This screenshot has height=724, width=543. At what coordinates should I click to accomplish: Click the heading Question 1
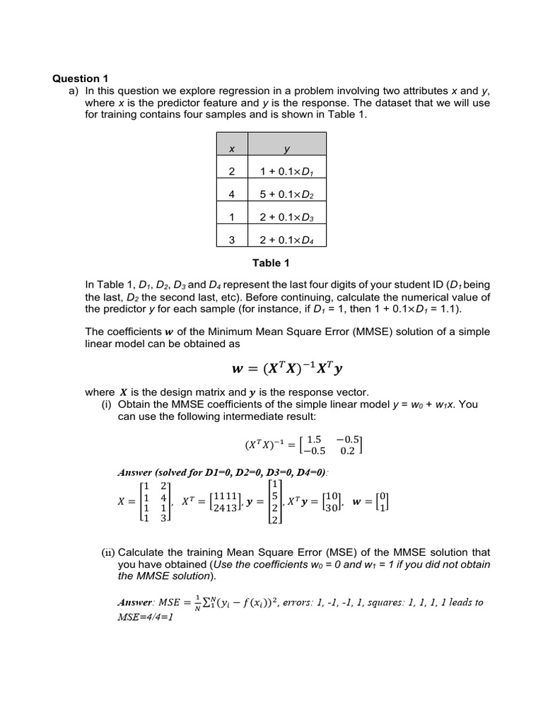point(80,78)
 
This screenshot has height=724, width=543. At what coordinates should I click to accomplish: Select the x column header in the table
point(230,149)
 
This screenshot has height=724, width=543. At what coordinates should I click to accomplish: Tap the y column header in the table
point(286,149)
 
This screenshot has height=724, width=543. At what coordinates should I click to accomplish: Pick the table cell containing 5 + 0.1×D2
point(286,195)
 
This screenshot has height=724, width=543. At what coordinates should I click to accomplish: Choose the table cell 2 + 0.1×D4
point(286,240)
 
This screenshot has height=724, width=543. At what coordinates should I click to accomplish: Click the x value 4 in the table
point(230,195)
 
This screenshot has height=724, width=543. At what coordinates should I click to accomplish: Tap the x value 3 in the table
point(230,240)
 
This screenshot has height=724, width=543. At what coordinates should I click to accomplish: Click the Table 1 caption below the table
point(271,264)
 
